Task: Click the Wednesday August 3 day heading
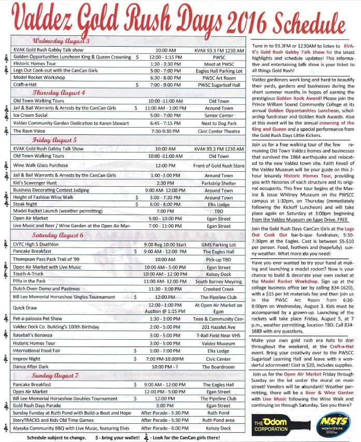click(x=62, y=41)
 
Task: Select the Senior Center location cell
click(x=219, y=116)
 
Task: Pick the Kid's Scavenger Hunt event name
click(x=35, y=183)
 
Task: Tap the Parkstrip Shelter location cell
click(x=219, y=183)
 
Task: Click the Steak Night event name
click(x=27, y=204)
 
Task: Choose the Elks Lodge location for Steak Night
click(x=219, y=204)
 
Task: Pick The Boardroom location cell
click(x=219, y=366)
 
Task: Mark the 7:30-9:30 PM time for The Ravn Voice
click(x=162, y=131)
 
